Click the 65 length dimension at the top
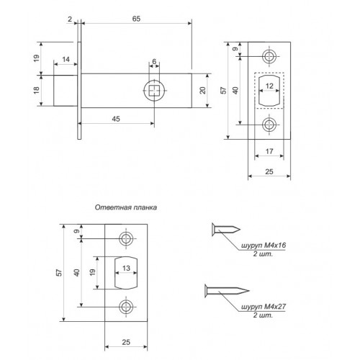[x=136, y=19]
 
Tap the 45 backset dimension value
[x=116, y=119]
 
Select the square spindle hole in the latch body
[x=154, y=91]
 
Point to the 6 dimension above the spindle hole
[x=154, y=61]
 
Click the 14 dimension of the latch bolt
[x=66, y=59]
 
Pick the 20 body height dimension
[x=203, y=91]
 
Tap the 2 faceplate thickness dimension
[x=70, y=19]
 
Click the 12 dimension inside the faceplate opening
[x=269, y=86]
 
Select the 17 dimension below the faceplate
[x=269, y=151]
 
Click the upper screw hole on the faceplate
[x=269, y=56]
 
